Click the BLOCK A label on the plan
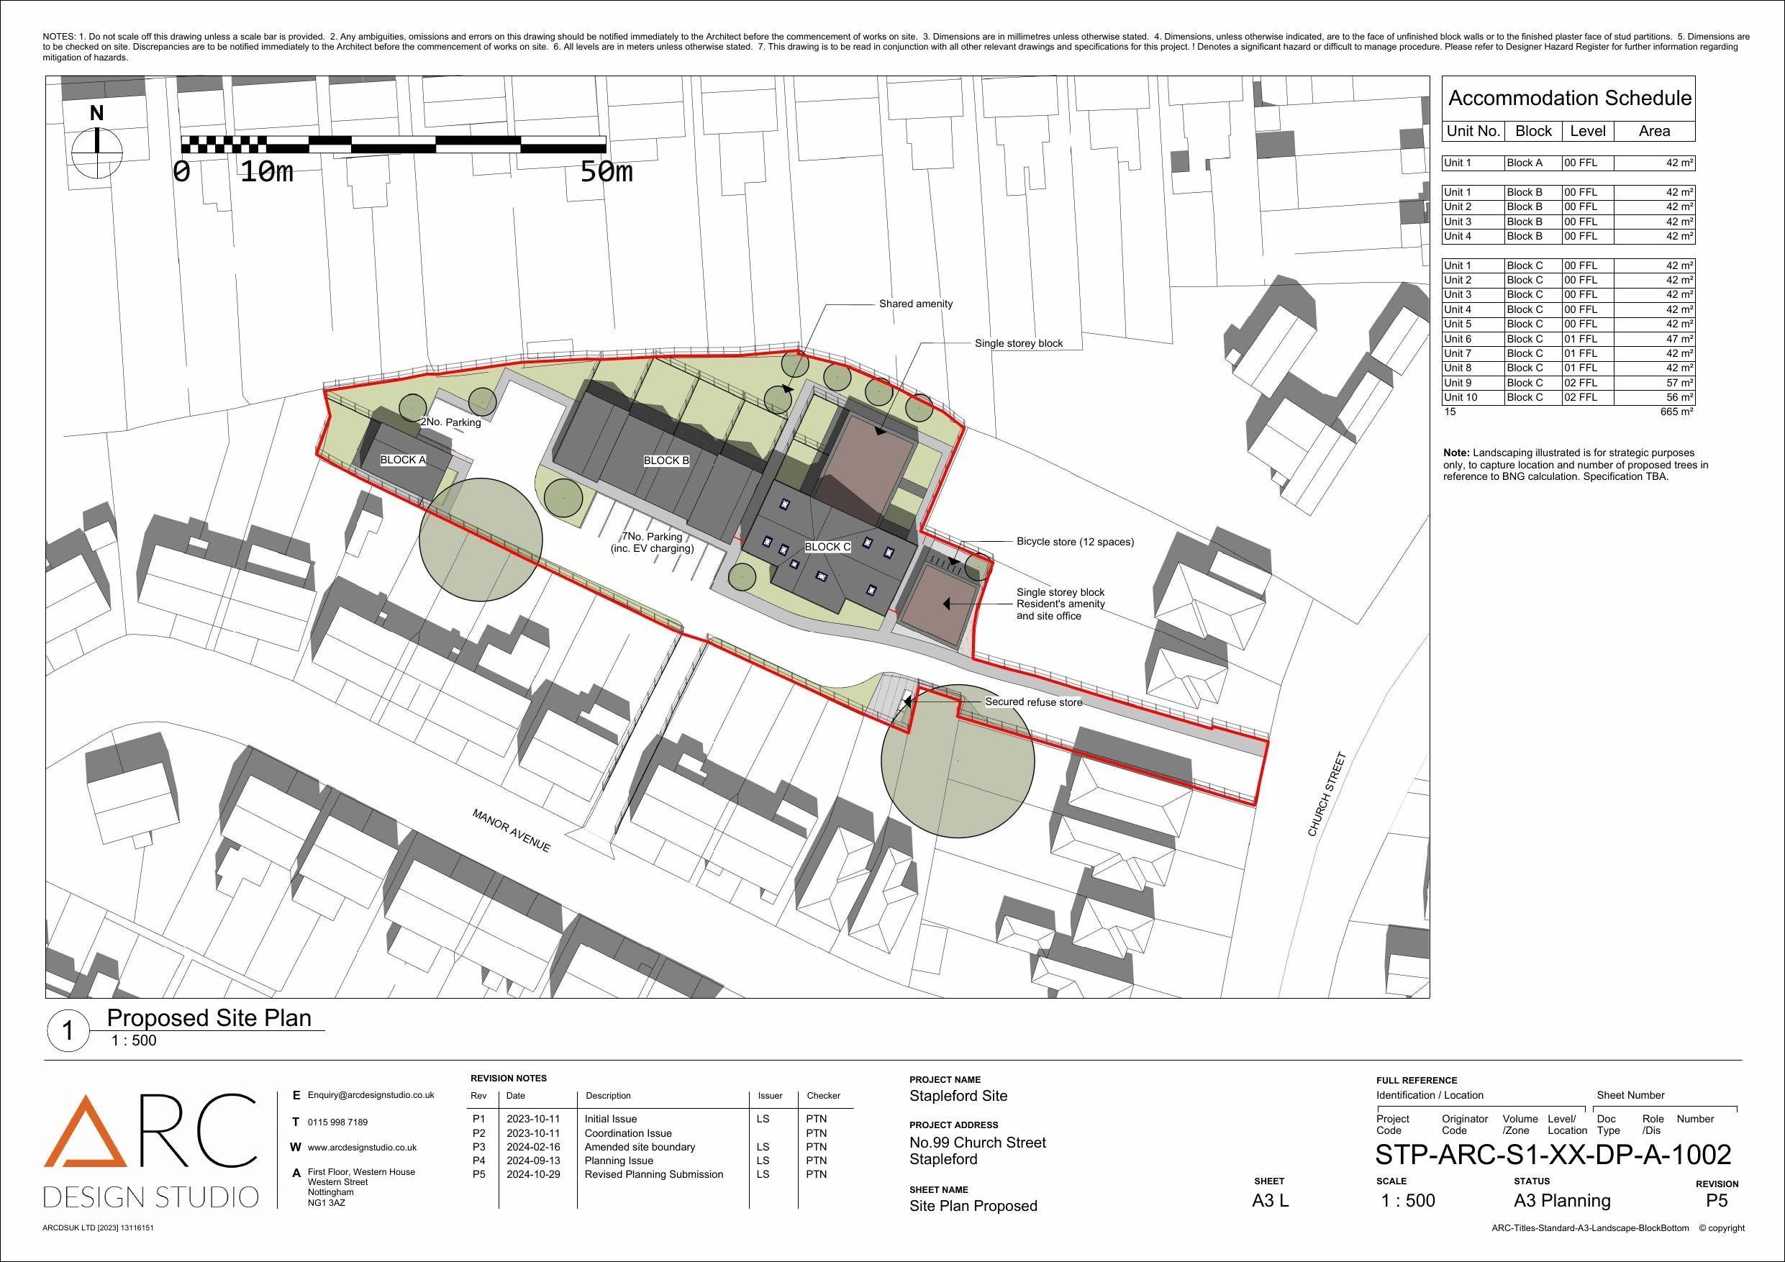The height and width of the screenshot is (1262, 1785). coord(403,460)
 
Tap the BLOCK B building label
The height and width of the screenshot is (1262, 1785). coord(666,460)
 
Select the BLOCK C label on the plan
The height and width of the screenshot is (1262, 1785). coord(827,547)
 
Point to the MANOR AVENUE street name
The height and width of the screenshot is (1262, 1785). coord(512,830)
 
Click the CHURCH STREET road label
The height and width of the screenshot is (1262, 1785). coord(1325,794)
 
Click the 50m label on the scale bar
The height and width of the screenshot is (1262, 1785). coord(607,172)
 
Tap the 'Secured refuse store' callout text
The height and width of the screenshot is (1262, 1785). coord(1033,702)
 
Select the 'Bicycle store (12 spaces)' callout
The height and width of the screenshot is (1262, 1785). coord(1075,541)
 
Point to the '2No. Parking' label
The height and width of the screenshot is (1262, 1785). coord(451,422)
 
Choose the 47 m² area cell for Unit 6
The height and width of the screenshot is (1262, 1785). coord(1654,339)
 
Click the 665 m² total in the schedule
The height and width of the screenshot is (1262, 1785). coord(1677,412)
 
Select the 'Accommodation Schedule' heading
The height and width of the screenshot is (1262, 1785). coord(1570,98)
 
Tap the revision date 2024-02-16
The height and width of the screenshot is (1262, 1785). coord(533,1146)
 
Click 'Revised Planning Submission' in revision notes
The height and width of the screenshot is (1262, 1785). coord(654,1174)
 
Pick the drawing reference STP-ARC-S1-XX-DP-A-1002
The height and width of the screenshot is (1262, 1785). coord(1553,1154)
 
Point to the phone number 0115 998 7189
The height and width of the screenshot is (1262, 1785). coord(337,1122)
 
